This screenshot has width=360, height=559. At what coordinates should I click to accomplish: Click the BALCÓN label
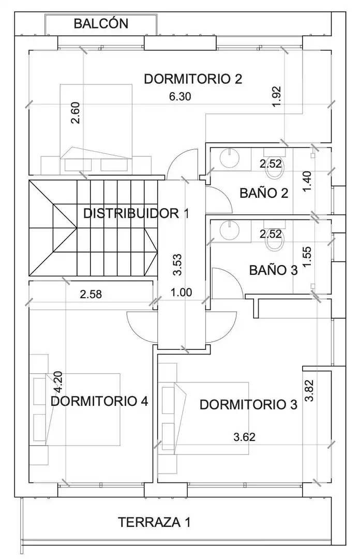[x=101, y=23]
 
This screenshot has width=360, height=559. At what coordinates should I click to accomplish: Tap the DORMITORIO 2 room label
[x=193, y=79]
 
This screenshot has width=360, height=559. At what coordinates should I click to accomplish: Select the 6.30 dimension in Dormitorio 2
[x=180, y=96]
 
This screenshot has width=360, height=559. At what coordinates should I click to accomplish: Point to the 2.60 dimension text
[x=76, y=113]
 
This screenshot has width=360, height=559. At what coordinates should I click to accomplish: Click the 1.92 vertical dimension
[x=277, y=96]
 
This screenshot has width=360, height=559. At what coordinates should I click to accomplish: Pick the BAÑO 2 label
[x=264, y=193]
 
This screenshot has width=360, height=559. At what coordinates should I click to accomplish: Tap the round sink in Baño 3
[x=229, y=230]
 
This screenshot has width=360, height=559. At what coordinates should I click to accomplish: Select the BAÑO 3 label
[x=274, y=270]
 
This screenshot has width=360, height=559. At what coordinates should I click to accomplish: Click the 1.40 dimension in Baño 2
[x=307, y=181]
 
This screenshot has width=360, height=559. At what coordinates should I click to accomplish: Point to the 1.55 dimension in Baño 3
[x=307, y=256]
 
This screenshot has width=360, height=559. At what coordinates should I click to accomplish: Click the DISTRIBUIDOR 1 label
[x=136, y=213]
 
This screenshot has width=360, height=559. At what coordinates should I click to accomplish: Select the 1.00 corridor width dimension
[x=181, y=292]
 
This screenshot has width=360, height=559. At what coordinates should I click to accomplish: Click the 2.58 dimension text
[x=91, y=295]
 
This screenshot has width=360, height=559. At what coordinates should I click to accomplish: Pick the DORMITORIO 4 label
[x=99, y=402]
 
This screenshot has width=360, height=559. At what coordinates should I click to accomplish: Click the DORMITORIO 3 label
[x=248, y=405]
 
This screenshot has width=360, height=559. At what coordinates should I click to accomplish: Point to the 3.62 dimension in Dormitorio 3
[x=245, y=437]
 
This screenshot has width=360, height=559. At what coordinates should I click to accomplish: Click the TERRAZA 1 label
[x=154, y=522]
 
